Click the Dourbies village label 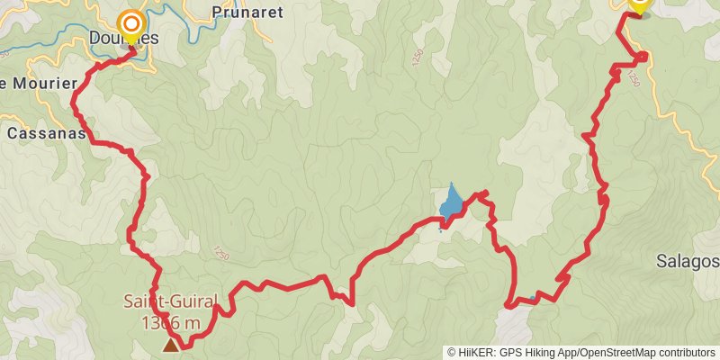[x=124, y=39]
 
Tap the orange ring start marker [x=132, y=23]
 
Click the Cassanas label [x=46, y=133]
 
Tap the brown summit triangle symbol [x=169, y=345]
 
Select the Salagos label [x=688, y=261]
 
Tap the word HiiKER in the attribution [x=477, y=352]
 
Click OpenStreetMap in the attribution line [x=619, y=352]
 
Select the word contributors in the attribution [x=684, y=352]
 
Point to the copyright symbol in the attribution [x=452, y=352]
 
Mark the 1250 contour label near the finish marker [x=633, y=79]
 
